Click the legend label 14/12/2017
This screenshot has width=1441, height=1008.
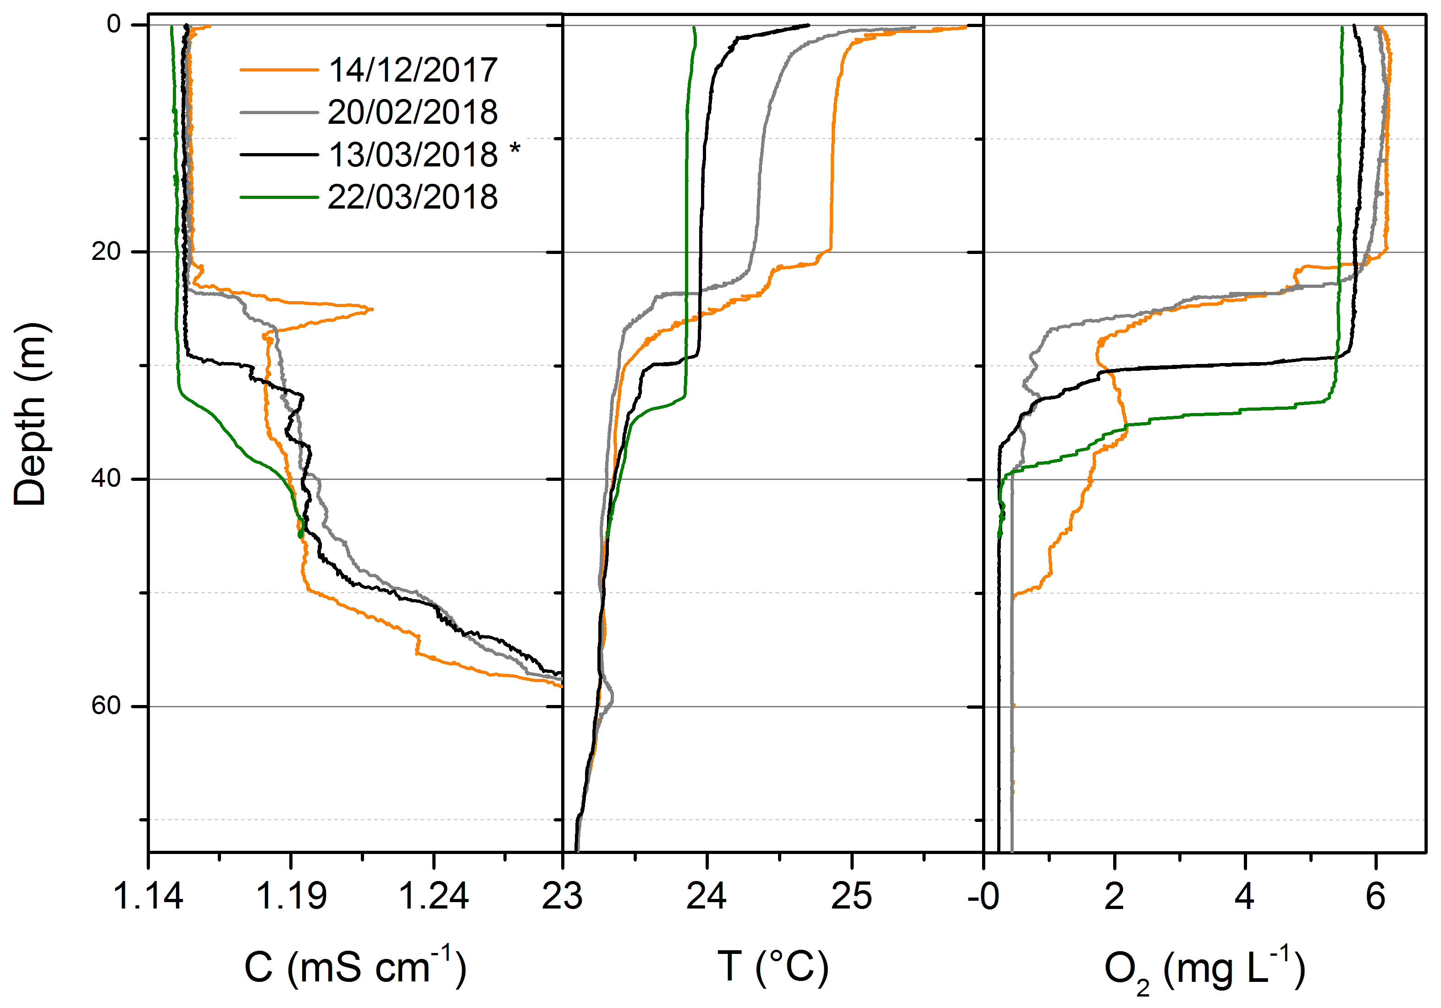point(413,70)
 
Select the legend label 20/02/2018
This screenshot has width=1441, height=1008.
point(413,112)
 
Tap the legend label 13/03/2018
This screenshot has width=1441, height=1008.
point(413,154)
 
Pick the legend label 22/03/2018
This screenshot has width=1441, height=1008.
point(413,197)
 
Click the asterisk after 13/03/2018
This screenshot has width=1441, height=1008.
point(514,149)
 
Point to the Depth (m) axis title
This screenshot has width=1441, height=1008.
point(30,414)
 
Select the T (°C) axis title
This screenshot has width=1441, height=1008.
point(773,967)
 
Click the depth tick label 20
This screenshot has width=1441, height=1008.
point(105,252)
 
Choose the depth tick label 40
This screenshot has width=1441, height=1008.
point(105,479)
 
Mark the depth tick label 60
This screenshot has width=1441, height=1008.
point(105,706)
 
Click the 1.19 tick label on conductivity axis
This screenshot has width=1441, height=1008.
point(291,896)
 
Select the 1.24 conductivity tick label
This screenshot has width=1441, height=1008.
point(434,896)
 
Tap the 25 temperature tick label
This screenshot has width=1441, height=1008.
point(852,896)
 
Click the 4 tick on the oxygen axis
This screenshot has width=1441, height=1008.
point(1245,896)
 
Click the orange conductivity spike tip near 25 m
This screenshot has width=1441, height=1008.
point(371,309)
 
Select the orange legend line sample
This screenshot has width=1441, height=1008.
point(279,70)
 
